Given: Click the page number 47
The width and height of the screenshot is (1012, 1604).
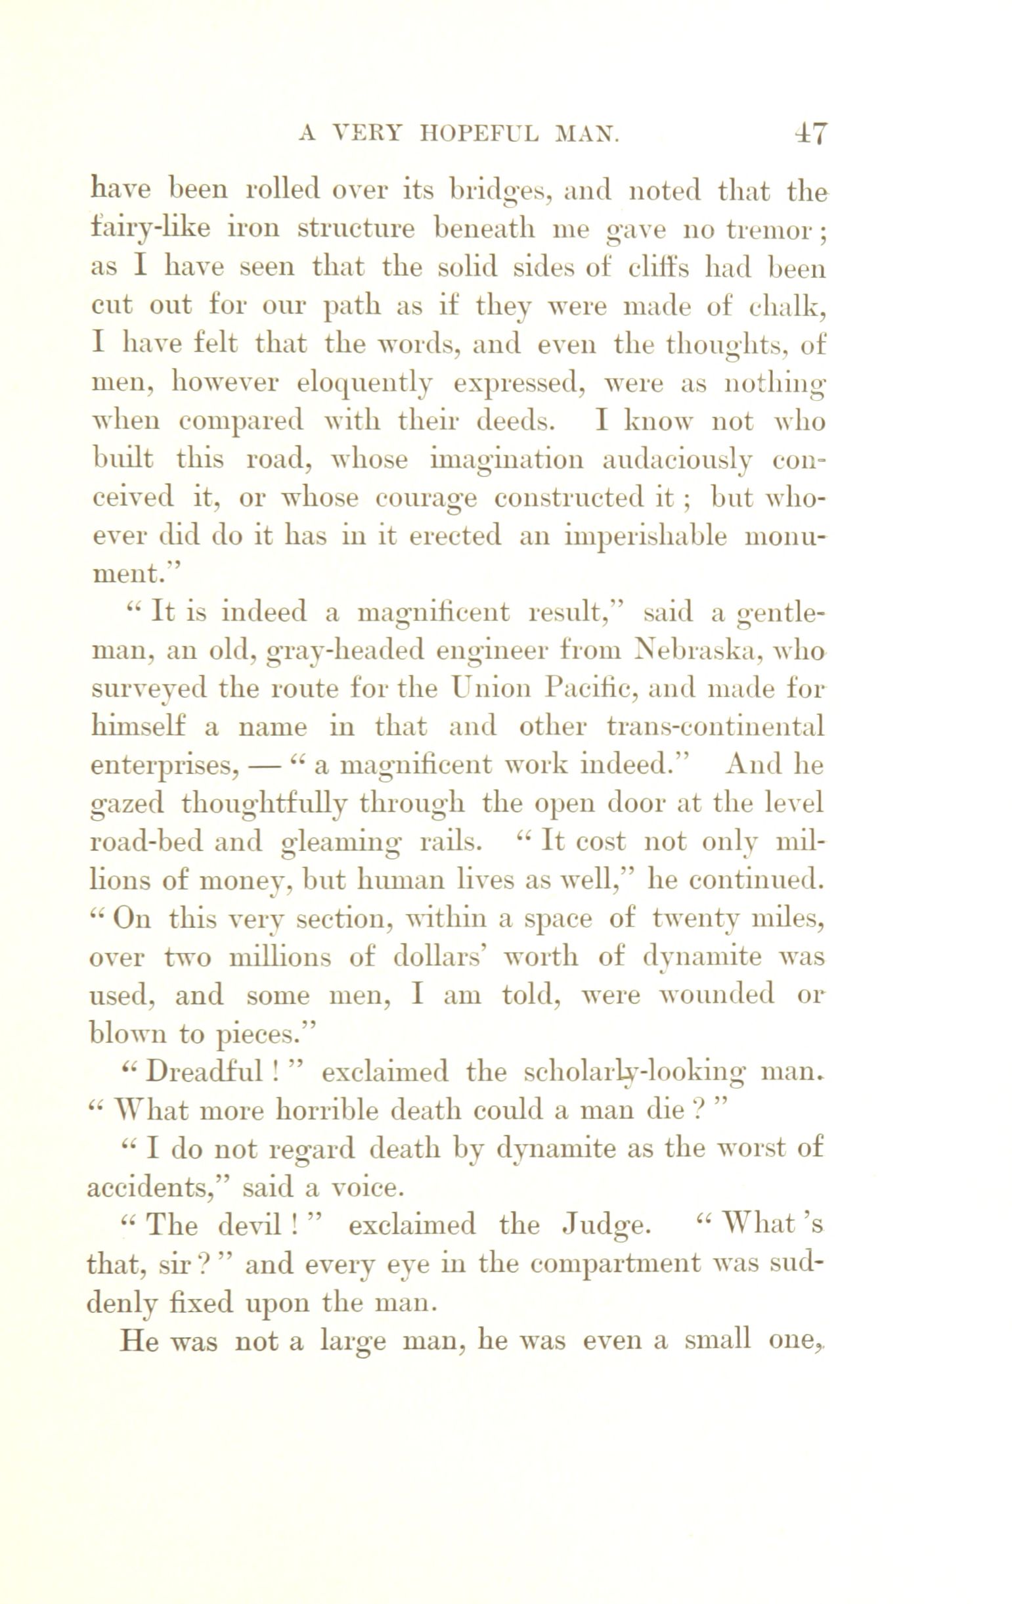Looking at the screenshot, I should click(810, 134).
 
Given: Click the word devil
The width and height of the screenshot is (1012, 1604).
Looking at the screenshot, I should click(247, 1224).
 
